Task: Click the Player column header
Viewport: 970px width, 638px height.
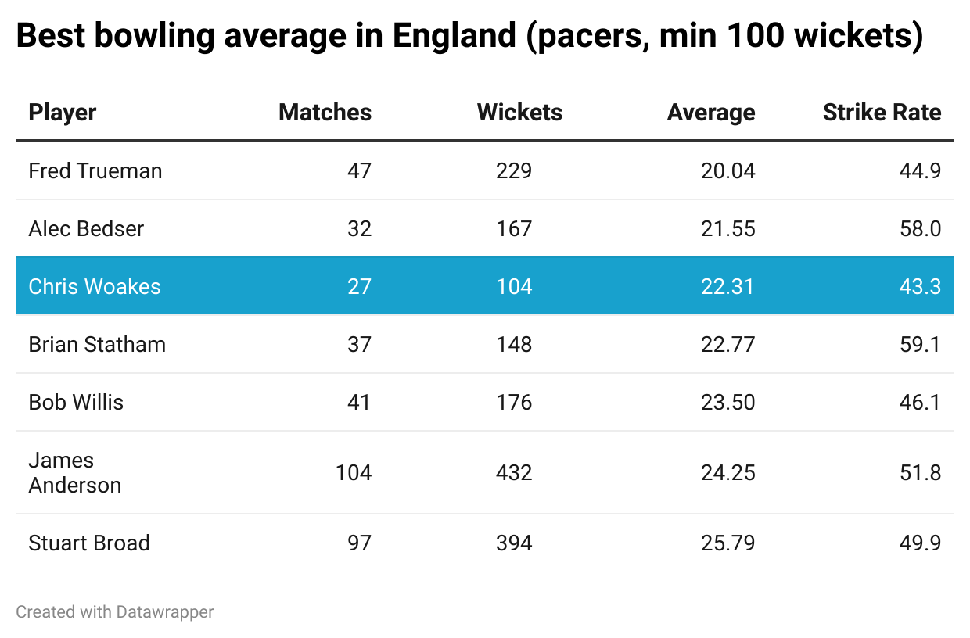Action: point(63,113)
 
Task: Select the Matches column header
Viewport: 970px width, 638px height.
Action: point(325,113)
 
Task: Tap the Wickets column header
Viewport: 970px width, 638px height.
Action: point(519,113)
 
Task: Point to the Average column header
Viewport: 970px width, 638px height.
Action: point(710,113)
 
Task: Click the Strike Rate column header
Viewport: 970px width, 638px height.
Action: point(882,113)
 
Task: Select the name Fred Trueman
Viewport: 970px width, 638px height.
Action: point(95,170)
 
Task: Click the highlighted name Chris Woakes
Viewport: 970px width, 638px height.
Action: point(95,286)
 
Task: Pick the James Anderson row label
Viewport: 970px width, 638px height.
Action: point(75,472)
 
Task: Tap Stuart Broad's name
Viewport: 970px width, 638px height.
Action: point(89,543)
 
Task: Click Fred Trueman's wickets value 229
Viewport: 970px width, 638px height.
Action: point(514,170)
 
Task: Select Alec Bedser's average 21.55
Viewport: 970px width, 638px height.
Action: point(727,228)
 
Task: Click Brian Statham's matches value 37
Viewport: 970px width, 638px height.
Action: point(359,344)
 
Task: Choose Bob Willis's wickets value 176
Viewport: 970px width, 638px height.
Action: point(514,402)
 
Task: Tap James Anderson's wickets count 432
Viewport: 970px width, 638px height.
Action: point(514,472)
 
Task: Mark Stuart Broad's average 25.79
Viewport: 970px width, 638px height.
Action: point(727,543)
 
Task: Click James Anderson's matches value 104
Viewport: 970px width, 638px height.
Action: point(354,472)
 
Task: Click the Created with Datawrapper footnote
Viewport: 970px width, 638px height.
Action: point(115,611)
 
